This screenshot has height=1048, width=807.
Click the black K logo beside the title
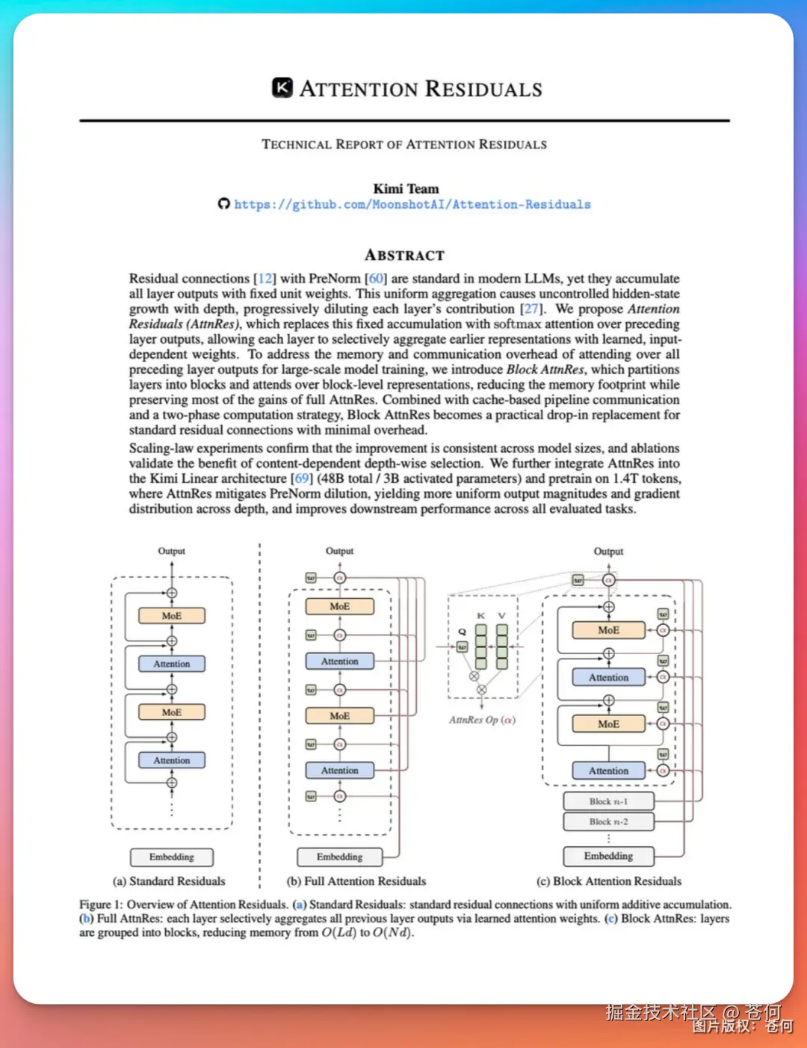tap(282, 88)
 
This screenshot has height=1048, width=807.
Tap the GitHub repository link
tap(412, 205)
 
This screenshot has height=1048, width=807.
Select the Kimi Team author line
tap(406, 188)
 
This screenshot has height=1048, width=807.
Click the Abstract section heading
tap(404, 256)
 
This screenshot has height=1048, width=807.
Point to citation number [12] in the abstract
tap(265, 279)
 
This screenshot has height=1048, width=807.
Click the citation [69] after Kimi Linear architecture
tap(301, 478)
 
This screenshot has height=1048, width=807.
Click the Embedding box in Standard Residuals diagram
tap(171, 857)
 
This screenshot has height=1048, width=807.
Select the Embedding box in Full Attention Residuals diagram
tap(339, 857)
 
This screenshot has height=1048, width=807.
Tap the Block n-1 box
tap(608, 801)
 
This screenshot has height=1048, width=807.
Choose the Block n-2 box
tap(608, 822)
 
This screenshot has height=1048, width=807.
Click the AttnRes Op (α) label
tap(482, 720)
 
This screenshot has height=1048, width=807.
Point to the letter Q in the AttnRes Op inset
tap(462, 632)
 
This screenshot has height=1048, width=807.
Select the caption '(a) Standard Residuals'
tap(169, 881)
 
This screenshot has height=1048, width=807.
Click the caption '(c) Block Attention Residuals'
tap(609, 881)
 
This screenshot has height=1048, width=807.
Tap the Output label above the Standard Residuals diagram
tap(171, 551)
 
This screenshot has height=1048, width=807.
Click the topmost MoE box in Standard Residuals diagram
tap(171, 616)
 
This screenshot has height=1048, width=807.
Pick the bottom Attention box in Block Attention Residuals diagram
tap(608, 771)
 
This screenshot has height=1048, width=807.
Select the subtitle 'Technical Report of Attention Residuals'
tap(404, 144)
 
